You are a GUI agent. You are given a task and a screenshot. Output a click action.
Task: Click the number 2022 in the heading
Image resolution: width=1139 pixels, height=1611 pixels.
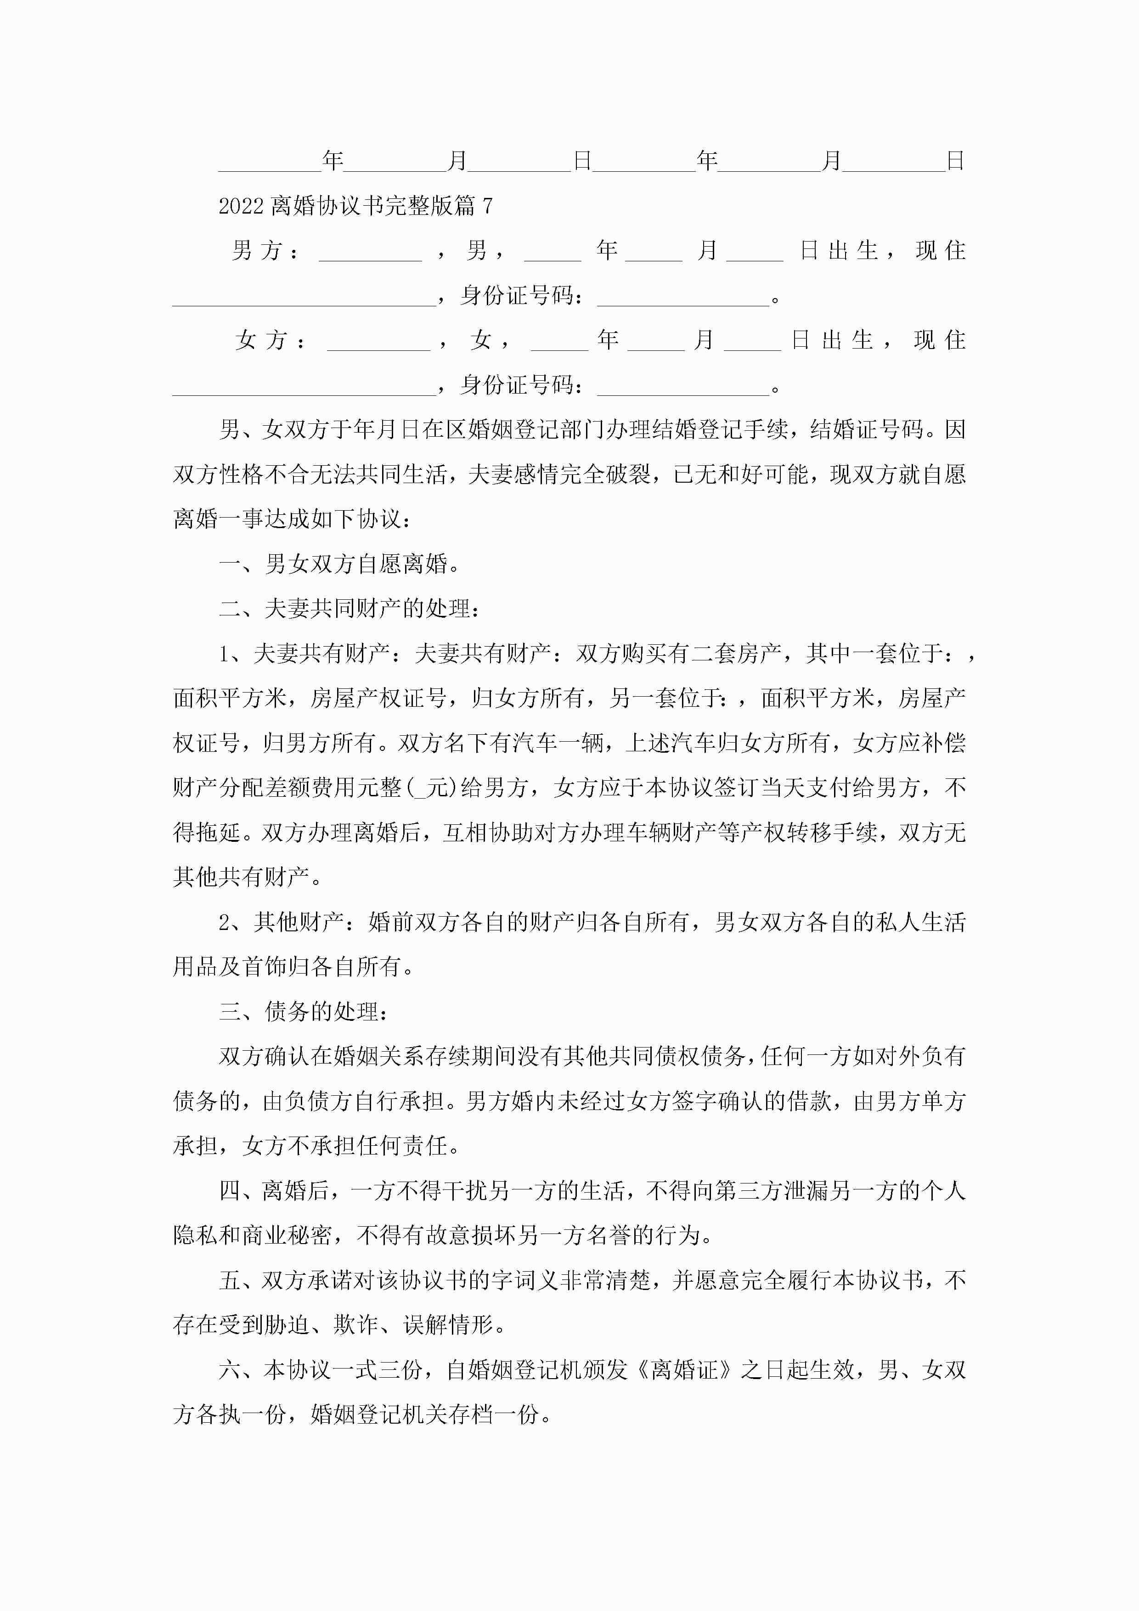[x=240, y=206]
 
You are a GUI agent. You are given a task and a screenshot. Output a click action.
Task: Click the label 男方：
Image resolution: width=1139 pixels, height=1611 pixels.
[x=265, y=250]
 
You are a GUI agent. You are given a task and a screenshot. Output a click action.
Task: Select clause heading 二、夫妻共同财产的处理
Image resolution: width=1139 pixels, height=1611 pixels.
[x=349, y=608]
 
